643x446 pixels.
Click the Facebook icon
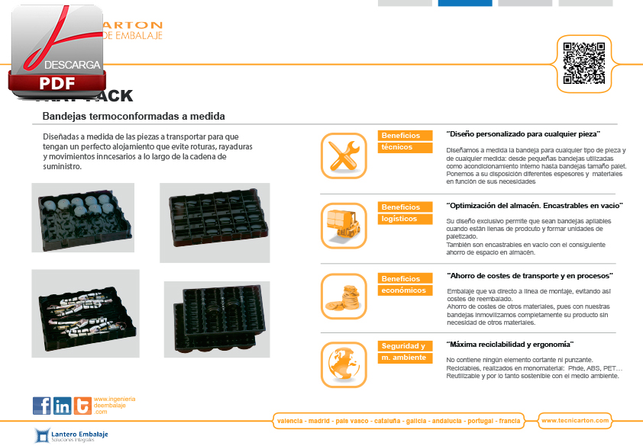[42, 406]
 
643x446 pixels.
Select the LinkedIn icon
[63, 406]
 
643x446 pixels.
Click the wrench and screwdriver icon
[344, 156]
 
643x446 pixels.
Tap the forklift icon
[344, 225]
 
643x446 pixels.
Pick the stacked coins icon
[344, 297]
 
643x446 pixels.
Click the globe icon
[344, 365]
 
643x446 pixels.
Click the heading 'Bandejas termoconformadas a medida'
[134, 117]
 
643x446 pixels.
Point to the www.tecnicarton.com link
[574, 421]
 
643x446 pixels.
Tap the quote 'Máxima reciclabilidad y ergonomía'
[509, 345]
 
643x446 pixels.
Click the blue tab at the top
[464, 3]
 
